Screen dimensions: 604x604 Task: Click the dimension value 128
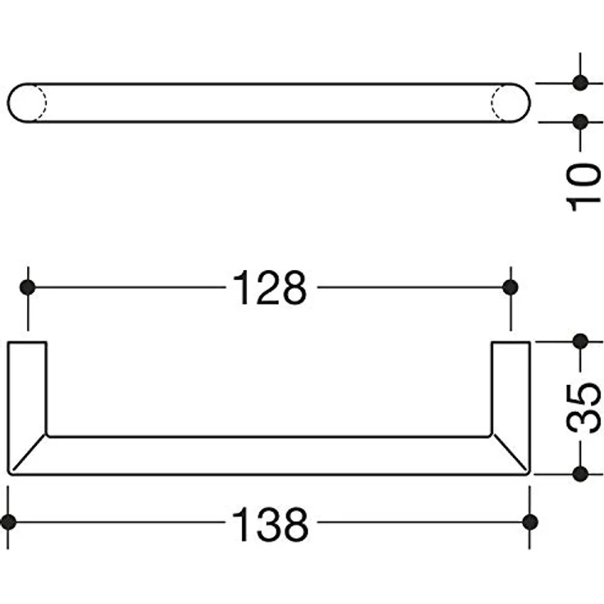270,288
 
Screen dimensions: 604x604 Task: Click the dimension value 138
271,524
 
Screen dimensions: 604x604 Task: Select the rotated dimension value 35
583,408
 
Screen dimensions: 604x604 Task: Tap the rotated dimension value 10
583,187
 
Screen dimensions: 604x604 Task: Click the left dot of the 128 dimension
27,287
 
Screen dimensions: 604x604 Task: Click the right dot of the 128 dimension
510,287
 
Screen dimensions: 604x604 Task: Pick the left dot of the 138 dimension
8,522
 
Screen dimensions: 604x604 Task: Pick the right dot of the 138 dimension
530,522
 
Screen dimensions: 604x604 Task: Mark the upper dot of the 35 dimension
580,341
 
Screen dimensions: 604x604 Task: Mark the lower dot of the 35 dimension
580,474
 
